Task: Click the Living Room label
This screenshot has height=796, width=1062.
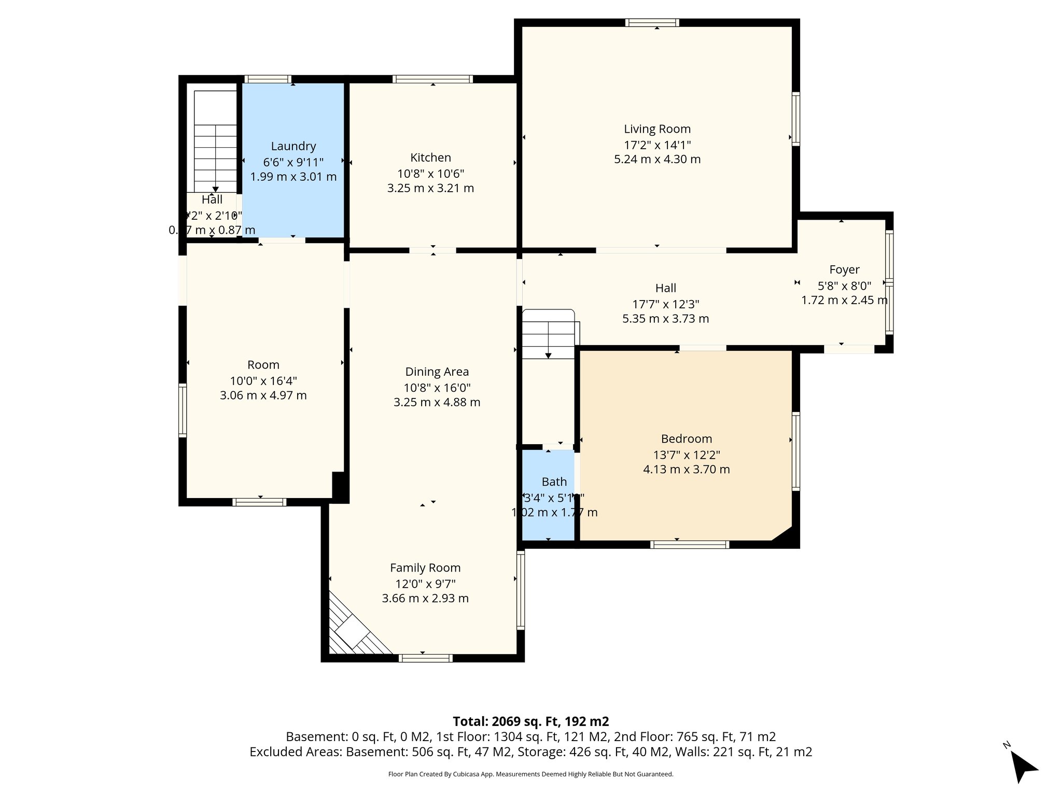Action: tap(657, 129)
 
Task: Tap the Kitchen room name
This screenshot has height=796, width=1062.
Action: tap(430, 158)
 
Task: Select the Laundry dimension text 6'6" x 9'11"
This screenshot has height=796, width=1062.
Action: tap(293, 162)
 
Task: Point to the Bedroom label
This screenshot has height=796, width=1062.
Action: tap(686, 439)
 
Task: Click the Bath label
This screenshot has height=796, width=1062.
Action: tap(554, 482)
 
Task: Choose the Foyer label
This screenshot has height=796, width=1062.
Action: tap(844, 269)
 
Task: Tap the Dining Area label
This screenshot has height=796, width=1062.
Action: tap(437, 372)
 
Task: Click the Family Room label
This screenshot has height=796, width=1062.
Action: tap(425, 567)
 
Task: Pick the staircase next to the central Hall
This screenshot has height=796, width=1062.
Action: tap(548, 334)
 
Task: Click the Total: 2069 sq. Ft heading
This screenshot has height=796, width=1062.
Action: tap(530, 721)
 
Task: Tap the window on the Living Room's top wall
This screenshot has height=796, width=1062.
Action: tap(652, 22)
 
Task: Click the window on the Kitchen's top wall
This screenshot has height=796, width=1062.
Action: tap(432, 79)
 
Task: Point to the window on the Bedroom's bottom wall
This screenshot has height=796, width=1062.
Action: tap(690, 545)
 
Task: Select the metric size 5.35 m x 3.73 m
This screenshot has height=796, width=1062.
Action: tap(665, 319)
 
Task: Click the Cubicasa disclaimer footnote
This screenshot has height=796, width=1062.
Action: tap(530, 774)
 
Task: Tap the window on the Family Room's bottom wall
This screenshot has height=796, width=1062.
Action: tap(426, 658)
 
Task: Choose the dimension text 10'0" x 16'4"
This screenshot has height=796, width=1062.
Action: tap(263, 381)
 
